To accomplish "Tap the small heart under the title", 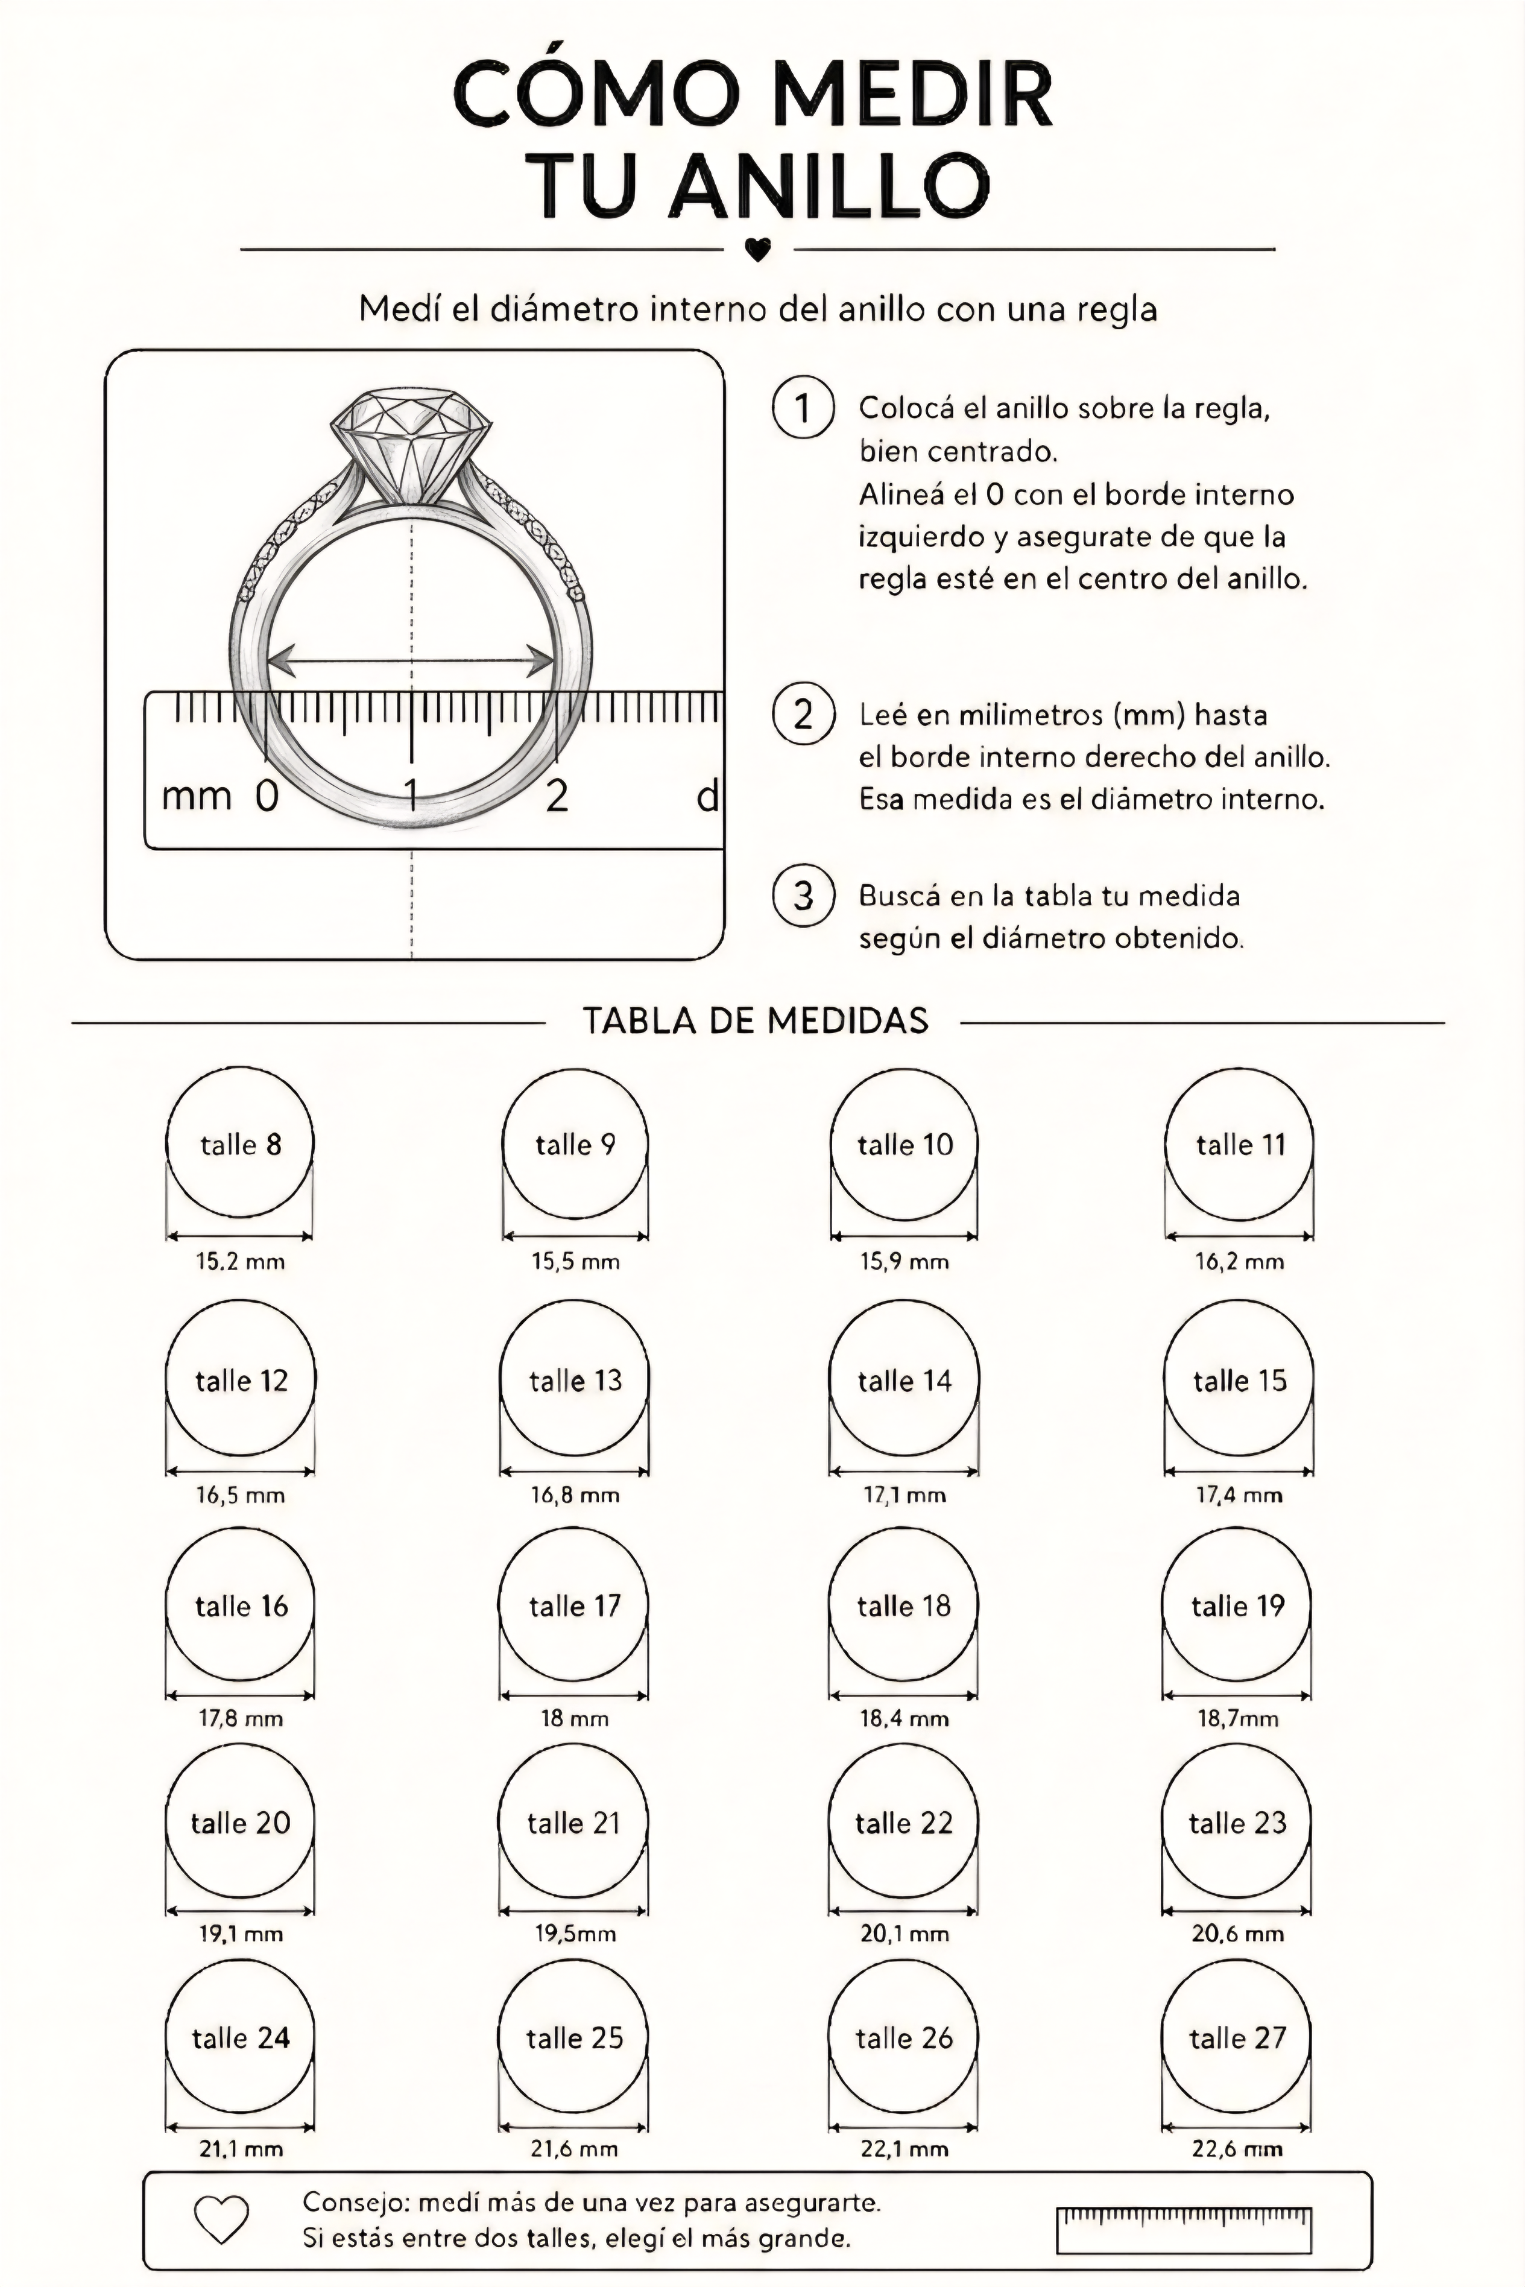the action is (757, 250).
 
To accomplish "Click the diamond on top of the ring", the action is (411, 446).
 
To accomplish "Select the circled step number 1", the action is (803, 408).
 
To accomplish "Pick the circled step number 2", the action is (803, 714).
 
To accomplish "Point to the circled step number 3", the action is (803, 895).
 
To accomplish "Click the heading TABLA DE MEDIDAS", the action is (756, 1020).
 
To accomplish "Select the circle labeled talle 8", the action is (240, 1069).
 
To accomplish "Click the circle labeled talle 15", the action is (1239, 1303).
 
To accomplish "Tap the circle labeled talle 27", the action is (1237, 1964).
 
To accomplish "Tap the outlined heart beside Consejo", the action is (222, 2220).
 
